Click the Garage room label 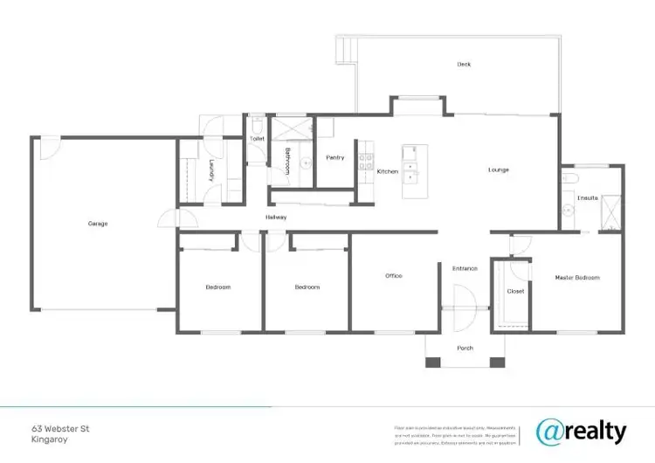(x=98, y=224)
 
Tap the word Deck (x=465, y=65)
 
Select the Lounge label (x=498, y=169)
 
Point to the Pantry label (x=335, y=158)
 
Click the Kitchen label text (x=388, y=172)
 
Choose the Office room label (x=394, y=276)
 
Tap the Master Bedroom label (x=577, y=278)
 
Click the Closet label (x=515, y=291)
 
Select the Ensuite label (x=588, y=197)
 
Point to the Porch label (x=465, y=348)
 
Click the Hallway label (x=276, y=218)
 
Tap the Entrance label (x=465, y=268)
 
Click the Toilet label (x=257, y=139)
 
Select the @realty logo (x=582, y=431)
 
